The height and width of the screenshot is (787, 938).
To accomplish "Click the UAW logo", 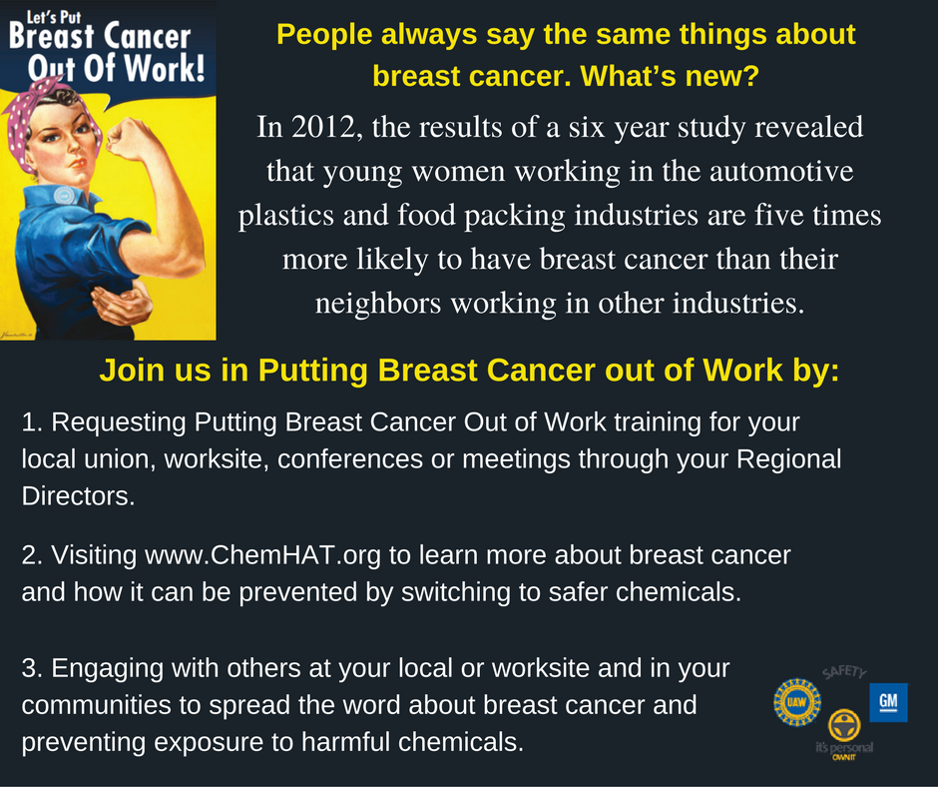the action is point(797,702).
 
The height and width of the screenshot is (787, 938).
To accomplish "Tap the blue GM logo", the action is point(888,702).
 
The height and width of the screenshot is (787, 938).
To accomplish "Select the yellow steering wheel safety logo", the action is point(844,725).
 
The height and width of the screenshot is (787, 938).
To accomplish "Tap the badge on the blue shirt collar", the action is point(64,195).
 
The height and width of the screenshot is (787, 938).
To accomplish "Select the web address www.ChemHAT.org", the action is point(262,555).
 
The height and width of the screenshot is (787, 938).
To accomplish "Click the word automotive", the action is point(781,172).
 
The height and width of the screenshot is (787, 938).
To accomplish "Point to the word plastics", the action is point(286,216).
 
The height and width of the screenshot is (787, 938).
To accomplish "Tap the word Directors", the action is point(79,496).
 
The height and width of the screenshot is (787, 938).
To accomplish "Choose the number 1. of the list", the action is point(32,422).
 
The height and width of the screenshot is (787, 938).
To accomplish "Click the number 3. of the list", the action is point(32,668).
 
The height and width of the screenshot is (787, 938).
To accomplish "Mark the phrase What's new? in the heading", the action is point(670,76).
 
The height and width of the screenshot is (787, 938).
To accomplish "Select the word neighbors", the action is point(378,304).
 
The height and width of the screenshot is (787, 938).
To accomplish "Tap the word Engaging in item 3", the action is point(107,669).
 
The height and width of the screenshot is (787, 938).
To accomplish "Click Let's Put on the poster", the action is point(54,17).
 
